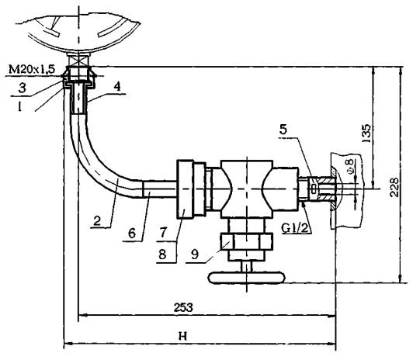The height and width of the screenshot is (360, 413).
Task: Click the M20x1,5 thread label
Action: (x=32, y=70)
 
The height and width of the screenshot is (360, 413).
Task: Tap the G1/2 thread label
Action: (x=294, y=228)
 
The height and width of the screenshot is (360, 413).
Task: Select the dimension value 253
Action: (x=183, y=307)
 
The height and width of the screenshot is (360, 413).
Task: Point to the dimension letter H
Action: (x=182, y=336)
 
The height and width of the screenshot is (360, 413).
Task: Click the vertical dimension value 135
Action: (x=366, y=133)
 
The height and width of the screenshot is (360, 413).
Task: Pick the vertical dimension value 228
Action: (x=394, y=187)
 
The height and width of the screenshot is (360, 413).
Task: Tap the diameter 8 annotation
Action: (x=351, y=166)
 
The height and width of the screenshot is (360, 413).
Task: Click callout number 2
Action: (x=97, y=220)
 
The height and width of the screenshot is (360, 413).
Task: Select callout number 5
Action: (x=283, y=130)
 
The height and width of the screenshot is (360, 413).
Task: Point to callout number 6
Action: (x=132, y=234)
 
